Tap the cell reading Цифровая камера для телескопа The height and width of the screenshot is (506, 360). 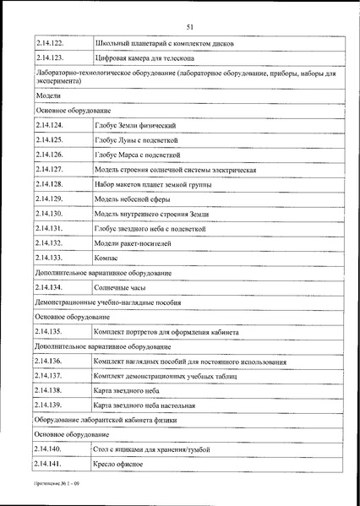click(145, 58)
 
